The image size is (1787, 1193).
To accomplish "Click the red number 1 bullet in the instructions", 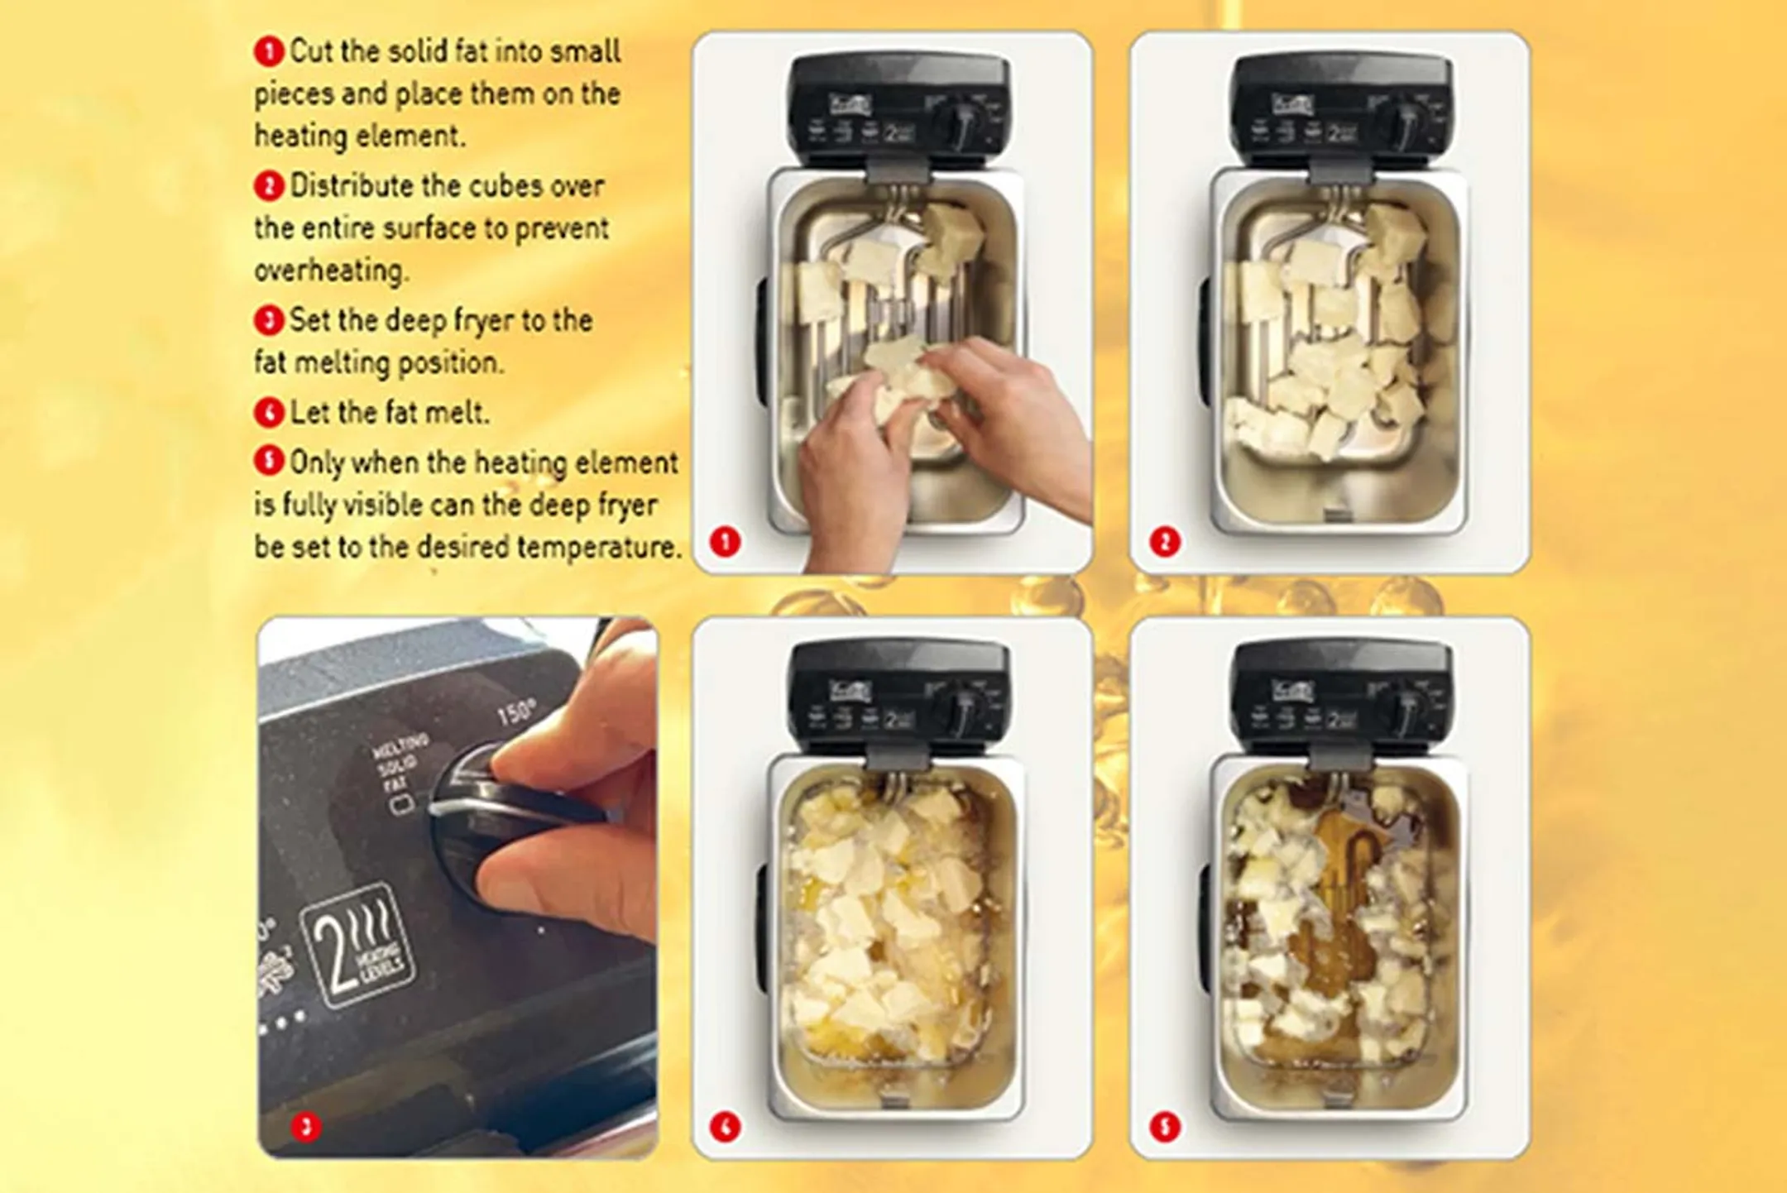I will pyautogui.click(x=268, y=51).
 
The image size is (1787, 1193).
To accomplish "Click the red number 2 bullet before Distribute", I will pyautogui.click(x=268, y=185).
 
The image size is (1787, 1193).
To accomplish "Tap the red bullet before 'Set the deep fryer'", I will pyautogui.click(x=268, y=320).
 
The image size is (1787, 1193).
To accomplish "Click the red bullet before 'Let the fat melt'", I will pyautogui.click(x=268, y=412).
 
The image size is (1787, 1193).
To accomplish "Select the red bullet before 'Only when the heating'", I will pyautogui.click(x=268, y=461).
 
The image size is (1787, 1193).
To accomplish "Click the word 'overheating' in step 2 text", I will pyautogui.click(x=331, y=271).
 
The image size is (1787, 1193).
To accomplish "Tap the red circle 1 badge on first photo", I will pyautogui.click(x=725, y=542).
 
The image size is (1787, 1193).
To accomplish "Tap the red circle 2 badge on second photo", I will pyautogui.click(x=1164, y=542).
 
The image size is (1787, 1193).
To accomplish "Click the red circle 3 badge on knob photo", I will pyautogui.click(x=306, y=1126).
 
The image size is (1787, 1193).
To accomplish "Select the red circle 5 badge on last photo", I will pyautogui.click(x=1164, y=1126).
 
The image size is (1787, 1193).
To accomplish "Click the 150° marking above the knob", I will pyautogui.click(x=516, y=712).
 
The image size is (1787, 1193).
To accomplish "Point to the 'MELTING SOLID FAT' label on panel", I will pyautogui.click(x=400, y=765).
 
